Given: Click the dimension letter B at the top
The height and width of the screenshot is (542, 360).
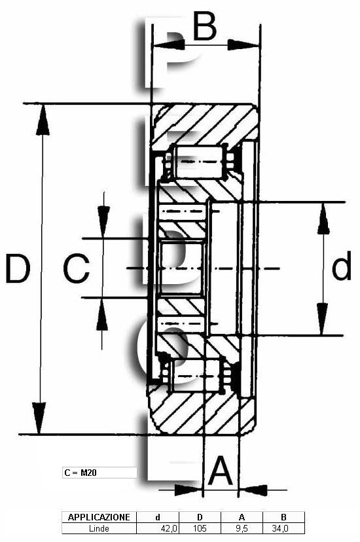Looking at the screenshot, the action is [x=204, y=26].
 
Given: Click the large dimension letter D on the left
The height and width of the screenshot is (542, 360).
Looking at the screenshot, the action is [x=18, y=268].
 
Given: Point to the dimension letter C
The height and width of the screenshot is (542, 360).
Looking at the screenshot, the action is [x=77, y=268].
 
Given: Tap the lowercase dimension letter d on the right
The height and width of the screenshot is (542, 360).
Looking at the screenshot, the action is [x=341, y=266].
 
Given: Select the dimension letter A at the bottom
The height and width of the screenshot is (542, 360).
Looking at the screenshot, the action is [x=221, y=471].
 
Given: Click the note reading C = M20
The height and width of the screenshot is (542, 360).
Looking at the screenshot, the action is [x=81, y=473].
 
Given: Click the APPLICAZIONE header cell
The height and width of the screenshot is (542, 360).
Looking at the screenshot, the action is [x=99, y=517].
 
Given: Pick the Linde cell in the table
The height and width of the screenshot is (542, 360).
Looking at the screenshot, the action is [x=99, y=528].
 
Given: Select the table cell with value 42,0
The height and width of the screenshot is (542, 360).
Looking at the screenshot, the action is [x=158, y=528].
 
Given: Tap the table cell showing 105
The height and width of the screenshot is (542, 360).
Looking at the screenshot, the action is [x=200, y=528].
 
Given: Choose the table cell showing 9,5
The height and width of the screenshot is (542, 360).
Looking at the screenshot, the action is [x=242, y=528].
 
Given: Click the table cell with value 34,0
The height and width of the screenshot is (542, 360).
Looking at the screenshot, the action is [x=283, y=528].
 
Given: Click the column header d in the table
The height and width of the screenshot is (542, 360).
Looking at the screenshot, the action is [x=158, y=517].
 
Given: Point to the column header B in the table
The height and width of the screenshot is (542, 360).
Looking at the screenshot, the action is [x=283, y=517].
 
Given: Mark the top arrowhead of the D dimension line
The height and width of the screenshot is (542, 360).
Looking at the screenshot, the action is [x=43, y=119].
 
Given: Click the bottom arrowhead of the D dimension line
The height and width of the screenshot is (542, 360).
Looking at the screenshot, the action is [x=39, y=418].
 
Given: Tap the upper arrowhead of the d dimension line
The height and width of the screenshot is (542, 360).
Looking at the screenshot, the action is [x=323, y=219].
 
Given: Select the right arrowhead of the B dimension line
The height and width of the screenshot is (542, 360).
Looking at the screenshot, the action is [x=243, y=45].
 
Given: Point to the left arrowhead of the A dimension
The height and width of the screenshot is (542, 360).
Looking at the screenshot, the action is [x=188, y=490].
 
